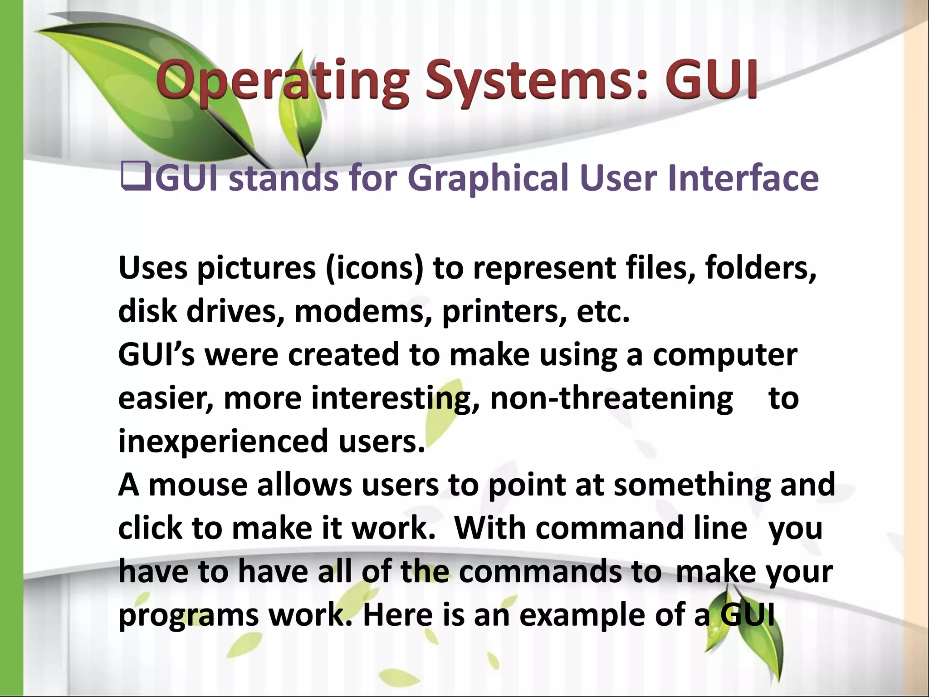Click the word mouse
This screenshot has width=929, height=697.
(x=198, y=485)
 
